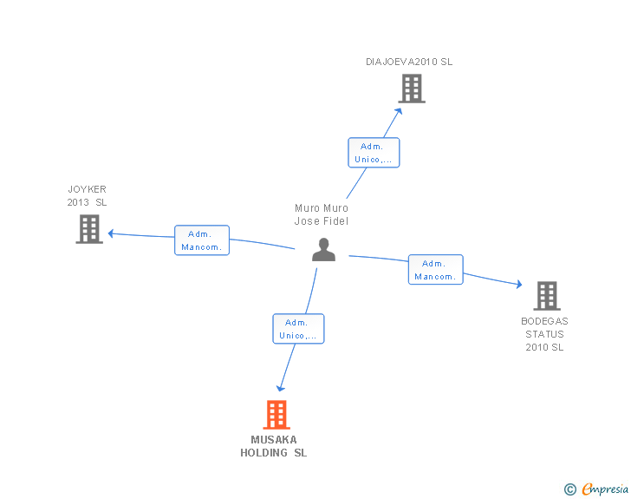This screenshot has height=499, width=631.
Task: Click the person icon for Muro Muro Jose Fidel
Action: point(323,250)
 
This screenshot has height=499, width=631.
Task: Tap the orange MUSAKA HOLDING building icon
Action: point(276,415)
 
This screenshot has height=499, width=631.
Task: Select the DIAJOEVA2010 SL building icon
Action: point(412,88)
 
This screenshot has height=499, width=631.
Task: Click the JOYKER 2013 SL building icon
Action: point(88,229)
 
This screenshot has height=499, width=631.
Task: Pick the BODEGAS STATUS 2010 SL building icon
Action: point(546,296)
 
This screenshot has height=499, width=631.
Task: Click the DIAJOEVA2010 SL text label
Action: point(409,62)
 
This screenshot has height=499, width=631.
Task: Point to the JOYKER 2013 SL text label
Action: point(88,195)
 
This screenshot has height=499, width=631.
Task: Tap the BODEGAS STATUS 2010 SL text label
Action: point(544,334)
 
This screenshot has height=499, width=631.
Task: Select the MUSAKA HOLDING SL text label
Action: point(274,446)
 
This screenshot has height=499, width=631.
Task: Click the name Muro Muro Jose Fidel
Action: point(322,214)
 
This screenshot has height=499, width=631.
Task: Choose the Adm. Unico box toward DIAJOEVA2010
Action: point(374,153)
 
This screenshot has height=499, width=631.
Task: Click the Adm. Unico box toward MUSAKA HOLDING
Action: point(298,329)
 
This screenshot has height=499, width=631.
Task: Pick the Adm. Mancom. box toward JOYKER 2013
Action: point(202,240)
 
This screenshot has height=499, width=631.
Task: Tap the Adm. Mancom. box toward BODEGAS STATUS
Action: point(435,270)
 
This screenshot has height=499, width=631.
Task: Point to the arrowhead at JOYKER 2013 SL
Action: point(111,233)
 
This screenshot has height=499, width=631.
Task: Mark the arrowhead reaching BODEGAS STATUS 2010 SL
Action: point(518,285)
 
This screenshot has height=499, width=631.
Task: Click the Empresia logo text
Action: point(605,489)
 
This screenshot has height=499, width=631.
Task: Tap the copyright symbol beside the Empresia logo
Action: point(569,489)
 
